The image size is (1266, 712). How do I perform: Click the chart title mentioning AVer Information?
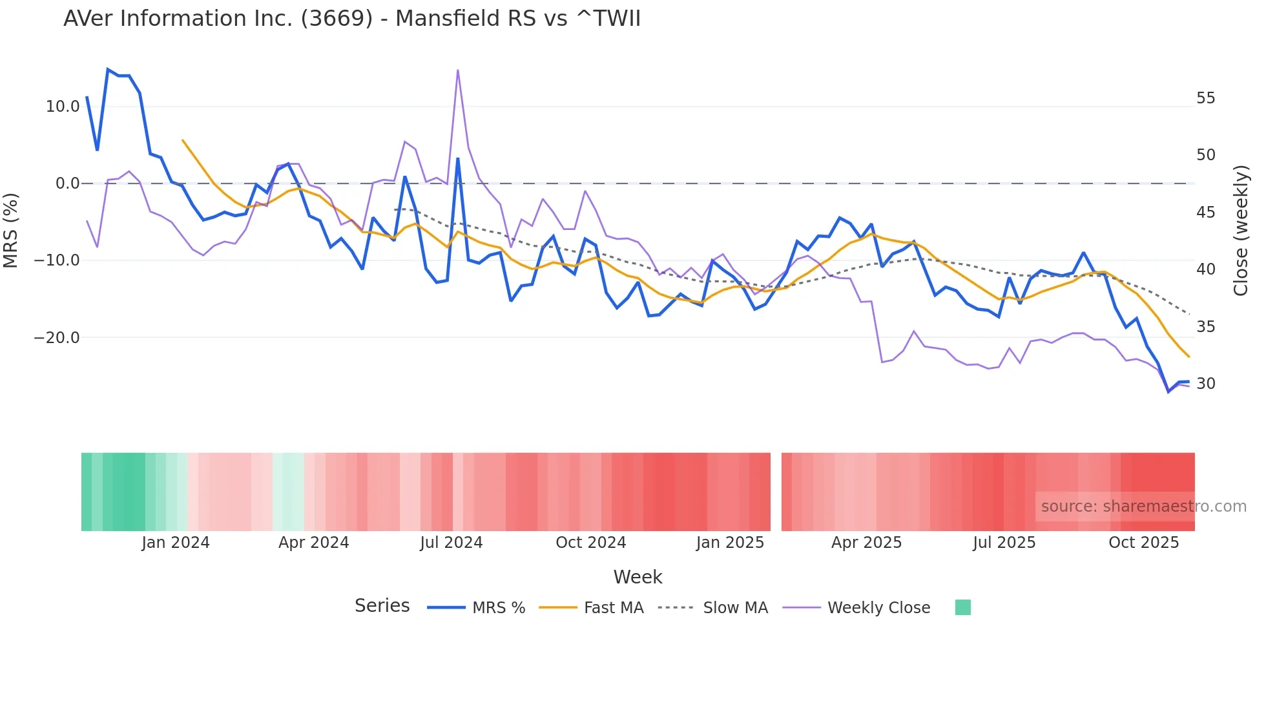click(352, 19)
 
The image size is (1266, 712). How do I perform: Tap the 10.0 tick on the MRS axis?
click(63, 107)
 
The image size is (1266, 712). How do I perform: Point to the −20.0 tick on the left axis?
click(57, 338)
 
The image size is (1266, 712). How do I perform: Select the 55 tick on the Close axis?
click(1205, 98)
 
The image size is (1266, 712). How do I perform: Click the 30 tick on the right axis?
click(1205, 384)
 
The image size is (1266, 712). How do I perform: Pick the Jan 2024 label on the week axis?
click(176, 543)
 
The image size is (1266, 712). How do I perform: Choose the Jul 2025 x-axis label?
click(1004, 543)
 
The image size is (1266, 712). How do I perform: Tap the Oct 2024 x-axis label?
click(590, 543)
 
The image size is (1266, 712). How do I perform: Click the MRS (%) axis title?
click(11, 231)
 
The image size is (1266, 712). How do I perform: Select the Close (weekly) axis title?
click(1241, 231)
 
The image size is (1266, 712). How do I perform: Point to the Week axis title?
click(638, 577)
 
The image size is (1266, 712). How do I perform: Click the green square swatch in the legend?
click(962, 607)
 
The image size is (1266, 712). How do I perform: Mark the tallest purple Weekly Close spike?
click(458, 70)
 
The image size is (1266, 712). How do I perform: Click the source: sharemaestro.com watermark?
click(1143, 507)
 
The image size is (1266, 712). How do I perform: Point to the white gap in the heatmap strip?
click(776, 492)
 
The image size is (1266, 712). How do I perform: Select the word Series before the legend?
click(382, 606)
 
